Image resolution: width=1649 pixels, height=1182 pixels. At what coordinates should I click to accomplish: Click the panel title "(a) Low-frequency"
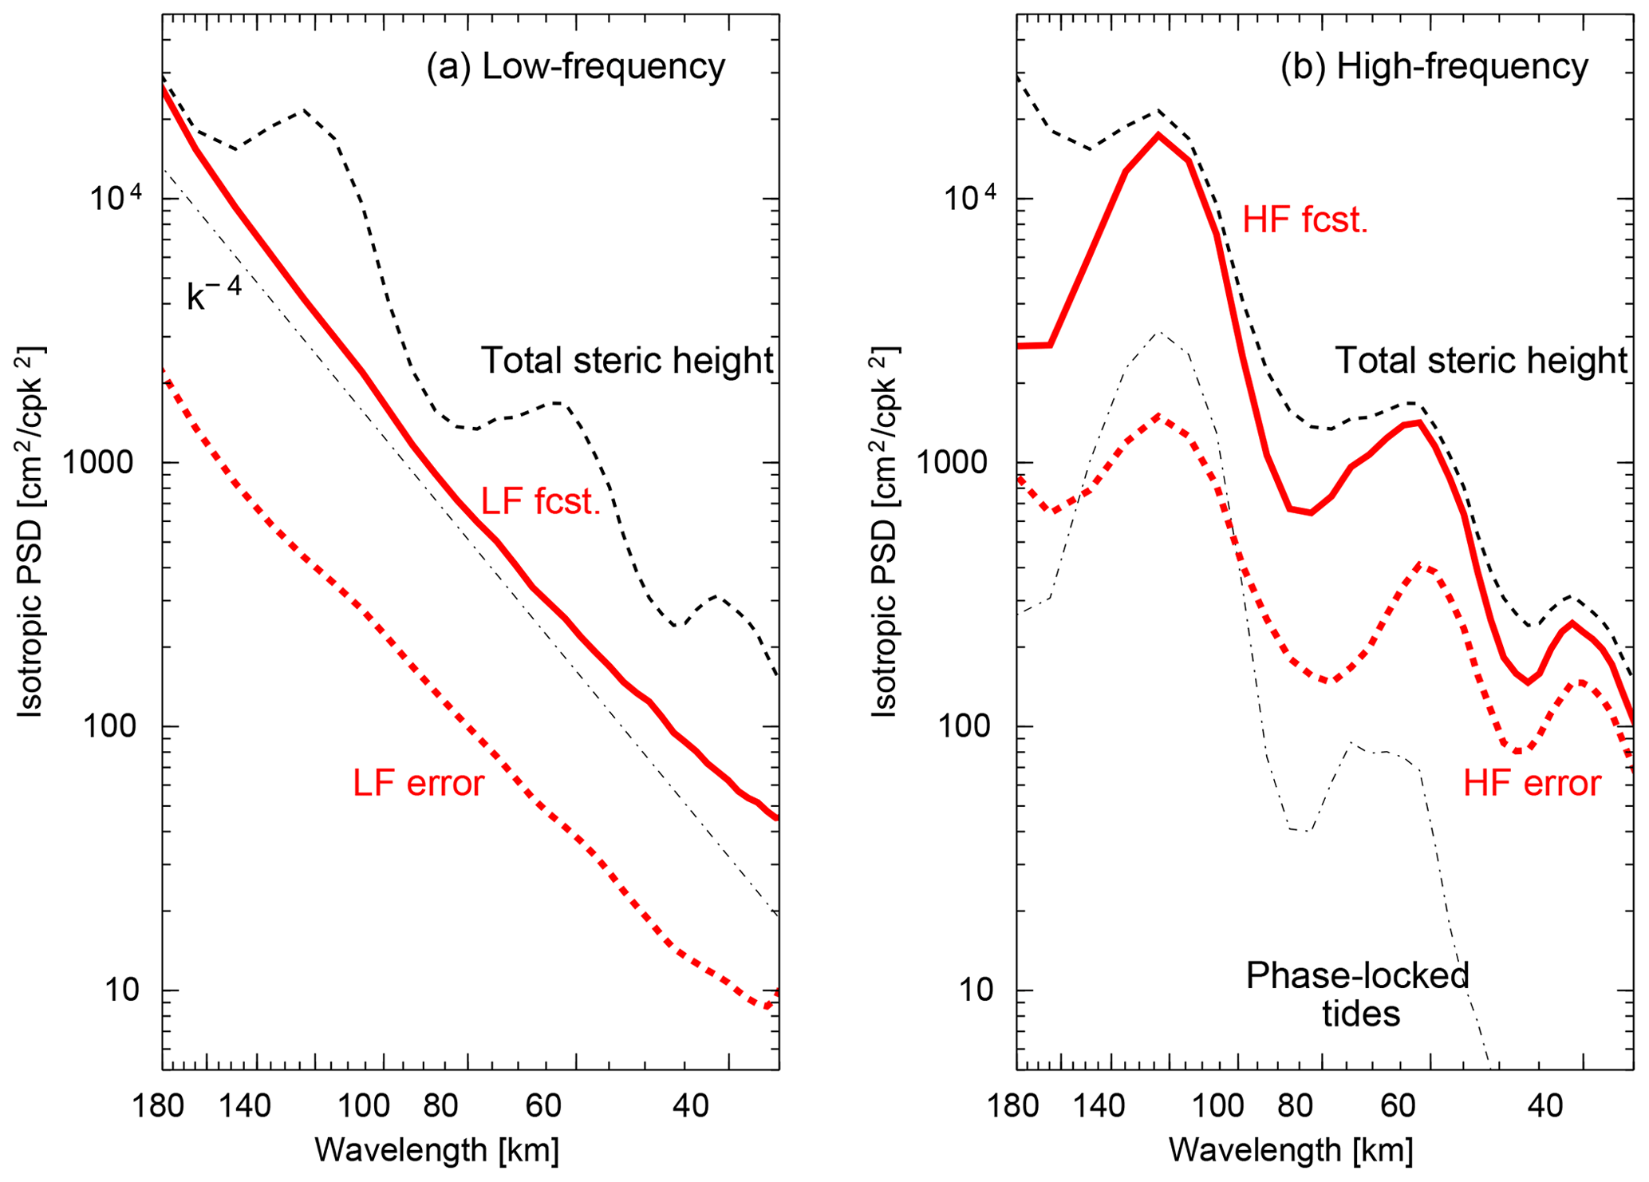pos(575,67)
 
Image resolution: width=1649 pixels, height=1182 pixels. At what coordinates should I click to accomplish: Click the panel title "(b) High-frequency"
pos(1434,67)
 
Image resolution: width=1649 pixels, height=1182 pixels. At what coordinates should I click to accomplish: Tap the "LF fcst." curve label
pos(540,502)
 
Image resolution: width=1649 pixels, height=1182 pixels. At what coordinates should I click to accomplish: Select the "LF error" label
pos(418,784)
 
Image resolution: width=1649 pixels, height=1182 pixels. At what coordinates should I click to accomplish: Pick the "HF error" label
pos(1532,784)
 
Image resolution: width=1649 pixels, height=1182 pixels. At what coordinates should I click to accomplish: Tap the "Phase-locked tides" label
pos(1358,994)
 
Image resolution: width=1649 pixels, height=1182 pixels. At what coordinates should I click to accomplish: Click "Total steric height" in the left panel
pos(627,361)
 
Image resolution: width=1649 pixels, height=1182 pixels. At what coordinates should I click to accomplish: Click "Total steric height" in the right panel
pos(1481,361)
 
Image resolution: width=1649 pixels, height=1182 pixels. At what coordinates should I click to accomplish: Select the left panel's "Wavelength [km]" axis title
pos(437,1150)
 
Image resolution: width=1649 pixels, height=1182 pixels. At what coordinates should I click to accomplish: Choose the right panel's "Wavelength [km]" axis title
pos(1291,1150)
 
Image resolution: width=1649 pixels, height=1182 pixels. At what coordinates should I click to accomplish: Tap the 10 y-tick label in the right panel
pos(976,990)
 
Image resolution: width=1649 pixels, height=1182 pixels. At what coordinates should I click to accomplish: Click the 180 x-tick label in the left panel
pos(160,1106)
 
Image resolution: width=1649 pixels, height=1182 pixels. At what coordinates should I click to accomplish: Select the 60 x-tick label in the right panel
pos(1397,1106)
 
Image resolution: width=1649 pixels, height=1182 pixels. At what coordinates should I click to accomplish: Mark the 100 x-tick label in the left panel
pos(363,1106)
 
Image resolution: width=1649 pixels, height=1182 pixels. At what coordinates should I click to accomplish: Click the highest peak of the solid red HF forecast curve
pos(1158,135)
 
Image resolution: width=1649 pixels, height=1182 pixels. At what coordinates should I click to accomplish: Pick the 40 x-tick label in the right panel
pos(1544,1106)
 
